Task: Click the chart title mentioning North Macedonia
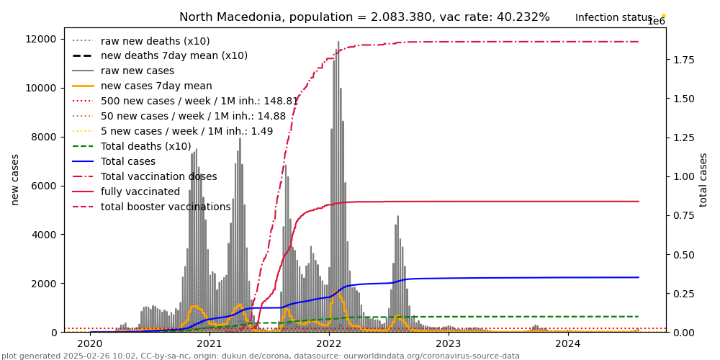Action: pos(364,17)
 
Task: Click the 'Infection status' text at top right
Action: pos(615,17)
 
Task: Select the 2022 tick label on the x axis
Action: pos(328,344)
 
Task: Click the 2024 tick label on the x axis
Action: pos(567,344)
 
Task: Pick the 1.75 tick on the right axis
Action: pos(685,60)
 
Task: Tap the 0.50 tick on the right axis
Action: pos(685,254)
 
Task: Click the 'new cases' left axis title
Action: pos(15,179)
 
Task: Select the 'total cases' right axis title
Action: pos(703,179)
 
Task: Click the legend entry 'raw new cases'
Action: pos(137,71)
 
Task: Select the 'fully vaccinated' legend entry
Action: pos(140,192)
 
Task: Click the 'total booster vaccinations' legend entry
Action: pos(166,207)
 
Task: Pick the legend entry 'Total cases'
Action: pos(128,162)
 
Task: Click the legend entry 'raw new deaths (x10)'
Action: pos(155,41)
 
